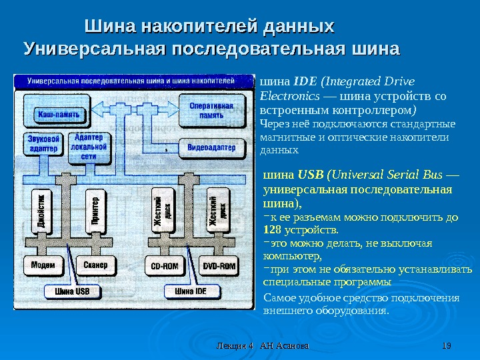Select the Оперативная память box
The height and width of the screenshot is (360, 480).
coord(211,111)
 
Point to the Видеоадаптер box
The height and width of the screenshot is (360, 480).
coord(211,146)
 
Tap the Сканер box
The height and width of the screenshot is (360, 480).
coord(95,265)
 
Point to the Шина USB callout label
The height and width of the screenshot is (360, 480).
coord(72,291)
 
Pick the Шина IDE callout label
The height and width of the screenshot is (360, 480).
coord(191,291)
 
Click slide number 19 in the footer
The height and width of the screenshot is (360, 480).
coord(447,345)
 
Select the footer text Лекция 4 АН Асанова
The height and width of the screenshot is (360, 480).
coord(265,345)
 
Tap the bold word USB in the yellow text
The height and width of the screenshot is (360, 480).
coord(310,175)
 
